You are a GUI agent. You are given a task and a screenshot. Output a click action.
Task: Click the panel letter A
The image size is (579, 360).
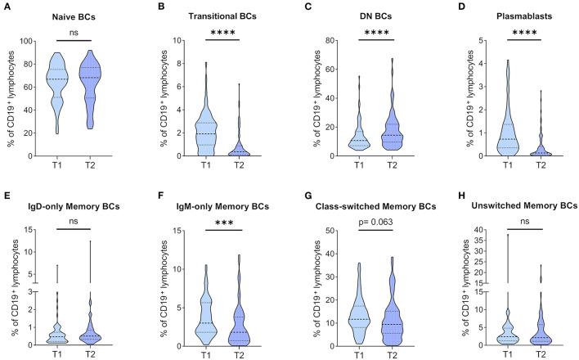(x=5, y=7)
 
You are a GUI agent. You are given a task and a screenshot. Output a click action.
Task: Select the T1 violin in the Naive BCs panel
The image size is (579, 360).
(x=56, y=90)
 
